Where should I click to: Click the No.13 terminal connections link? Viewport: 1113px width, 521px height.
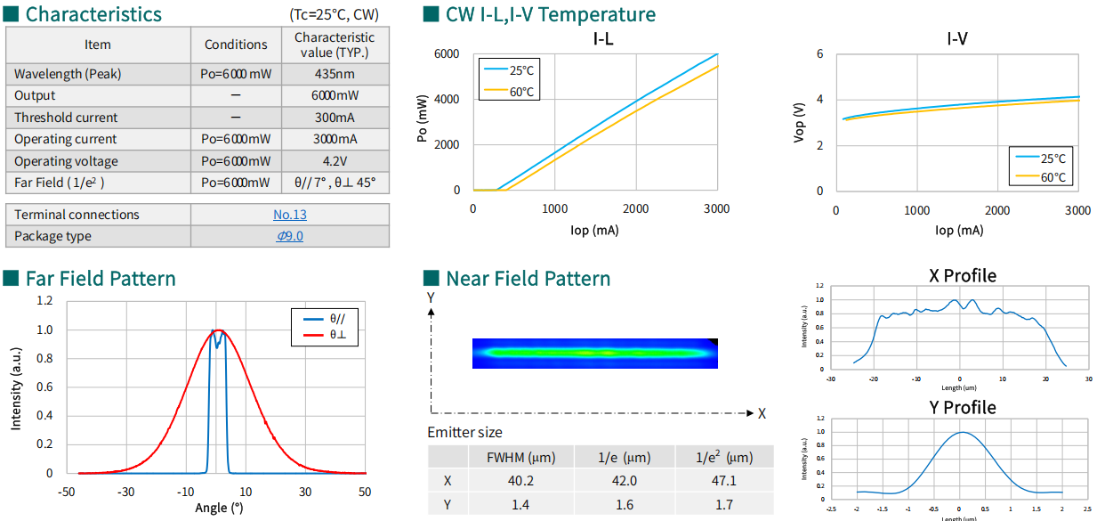290,215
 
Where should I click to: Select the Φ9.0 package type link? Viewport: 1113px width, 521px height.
290,236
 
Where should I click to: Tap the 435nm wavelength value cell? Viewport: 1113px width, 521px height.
335,74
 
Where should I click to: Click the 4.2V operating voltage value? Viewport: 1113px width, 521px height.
335,161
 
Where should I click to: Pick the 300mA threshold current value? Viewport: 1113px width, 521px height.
335,118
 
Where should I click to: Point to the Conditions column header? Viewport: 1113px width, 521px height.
236,45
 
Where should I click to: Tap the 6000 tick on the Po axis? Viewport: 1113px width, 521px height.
447,53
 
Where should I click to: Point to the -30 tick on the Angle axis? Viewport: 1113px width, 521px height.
126,492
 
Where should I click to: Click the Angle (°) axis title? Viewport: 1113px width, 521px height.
219,508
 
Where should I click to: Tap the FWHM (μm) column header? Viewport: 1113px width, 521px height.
521,458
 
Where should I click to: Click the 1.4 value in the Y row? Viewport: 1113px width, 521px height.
521,505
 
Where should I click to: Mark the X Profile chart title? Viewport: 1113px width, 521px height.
962,275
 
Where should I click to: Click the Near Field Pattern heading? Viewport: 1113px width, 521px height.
528,279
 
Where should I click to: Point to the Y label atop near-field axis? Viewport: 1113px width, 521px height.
431,297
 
